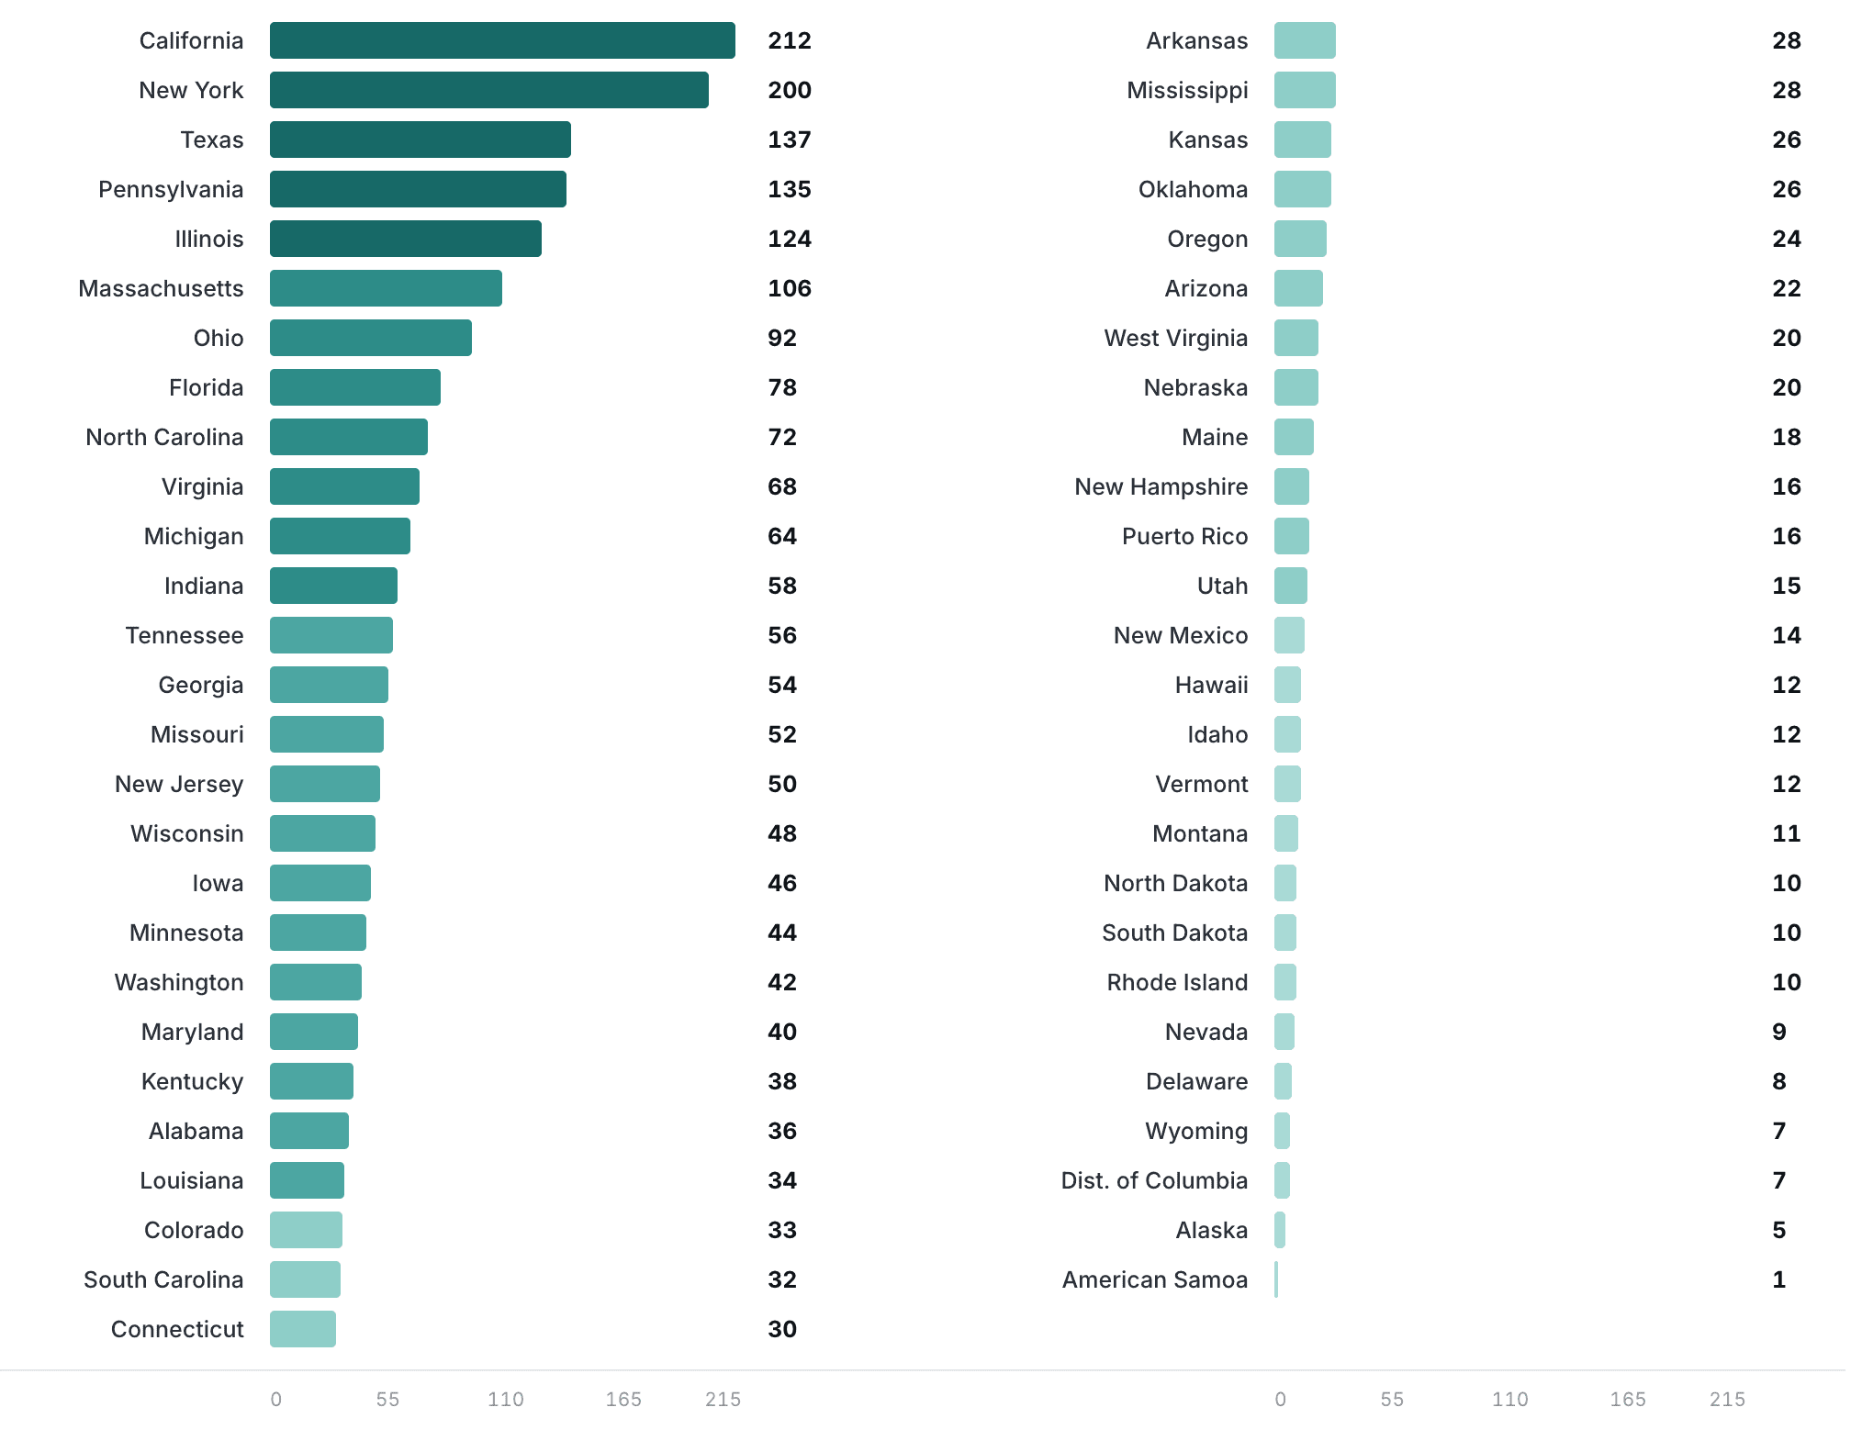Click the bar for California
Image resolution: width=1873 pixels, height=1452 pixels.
pos(502,40)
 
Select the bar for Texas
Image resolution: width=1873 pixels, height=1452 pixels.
pos(421,140)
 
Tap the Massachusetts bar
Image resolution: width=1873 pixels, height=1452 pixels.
pos(386,288)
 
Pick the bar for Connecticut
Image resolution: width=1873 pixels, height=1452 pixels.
pos(303,1329)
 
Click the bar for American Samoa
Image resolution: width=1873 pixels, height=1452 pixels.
pos(1276,1279)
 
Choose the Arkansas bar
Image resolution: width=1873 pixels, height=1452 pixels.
pos(1305,40)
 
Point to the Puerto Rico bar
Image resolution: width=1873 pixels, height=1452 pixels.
pos(1292,536)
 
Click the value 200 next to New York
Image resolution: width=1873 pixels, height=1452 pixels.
pos(790,90)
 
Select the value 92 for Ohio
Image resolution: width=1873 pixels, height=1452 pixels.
pos(782,338)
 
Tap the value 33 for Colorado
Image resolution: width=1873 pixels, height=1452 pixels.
pos(782,1230)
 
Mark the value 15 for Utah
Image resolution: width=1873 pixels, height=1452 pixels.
pos(1787,586)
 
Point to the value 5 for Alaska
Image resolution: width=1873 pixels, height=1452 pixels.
pos(1779,1230)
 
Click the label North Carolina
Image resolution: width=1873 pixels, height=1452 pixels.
pos(164,437)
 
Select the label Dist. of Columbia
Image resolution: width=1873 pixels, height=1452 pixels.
pos(1154,1180)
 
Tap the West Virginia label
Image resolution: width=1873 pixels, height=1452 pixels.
pos(1176,338)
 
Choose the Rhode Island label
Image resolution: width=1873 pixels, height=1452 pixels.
pos(1177,982)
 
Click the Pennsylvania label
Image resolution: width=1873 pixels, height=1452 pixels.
pos(171,189)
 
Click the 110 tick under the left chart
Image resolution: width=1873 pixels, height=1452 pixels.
pos(506,1399)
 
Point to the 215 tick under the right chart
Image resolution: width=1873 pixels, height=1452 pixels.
pos(1727,1399)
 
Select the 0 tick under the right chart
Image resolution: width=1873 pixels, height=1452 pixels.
pos(1281,1399)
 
